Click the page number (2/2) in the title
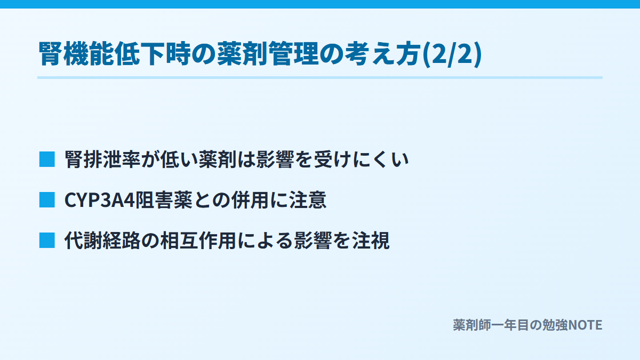pyautogui.click(x=452, y=54)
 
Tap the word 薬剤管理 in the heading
pyautogui.click(x=268, y=54)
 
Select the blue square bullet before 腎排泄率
pyautogui.click(x=47, y=159)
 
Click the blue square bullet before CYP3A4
pyautogui.click(x=47, y=199)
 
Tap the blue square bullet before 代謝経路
pyautogui.click(x=47, y=241)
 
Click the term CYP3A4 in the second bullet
pyautogui.click(x=99, y=200)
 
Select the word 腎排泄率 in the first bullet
pyautogui.click(x=102, y=159)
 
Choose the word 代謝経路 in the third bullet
pyautogui.click(x=102, y=241)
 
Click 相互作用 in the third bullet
pyautogui.click(x=198, y=241)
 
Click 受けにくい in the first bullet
pyautogui.click(x=361, y=159)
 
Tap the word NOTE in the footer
pyautogui.click(x=585, y=325)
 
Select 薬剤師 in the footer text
pyautogui.click(x=472, y=325)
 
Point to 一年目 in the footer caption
pyautogui.click(x=510, y=325)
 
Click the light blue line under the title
pyautogui.click(x=320, y=78)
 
